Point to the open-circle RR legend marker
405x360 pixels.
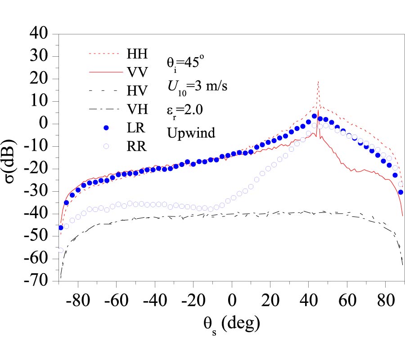107,146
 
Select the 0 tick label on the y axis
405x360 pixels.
47,124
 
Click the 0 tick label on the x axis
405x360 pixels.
232,300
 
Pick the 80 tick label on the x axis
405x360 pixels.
385,300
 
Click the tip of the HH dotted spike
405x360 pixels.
318,81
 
